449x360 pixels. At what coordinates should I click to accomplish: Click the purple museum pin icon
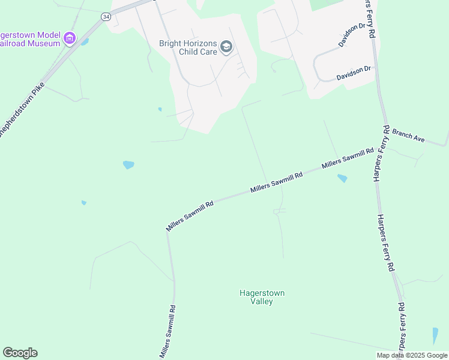(x=70, y=39)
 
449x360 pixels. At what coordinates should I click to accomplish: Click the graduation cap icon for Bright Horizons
(x=226, y=47)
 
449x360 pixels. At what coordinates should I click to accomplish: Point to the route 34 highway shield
(x=106, y=17)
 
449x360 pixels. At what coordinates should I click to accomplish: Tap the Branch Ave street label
(x=409, y=137)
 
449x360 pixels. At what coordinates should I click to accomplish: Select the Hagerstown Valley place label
(x=262, y=297)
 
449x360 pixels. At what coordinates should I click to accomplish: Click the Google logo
(x=20, y=353)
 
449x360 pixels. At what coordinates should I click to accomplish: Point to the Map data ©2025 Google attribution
(x=412, y=355)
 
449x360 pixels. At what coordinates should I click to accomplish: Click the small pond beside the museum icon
(x=85, y=42)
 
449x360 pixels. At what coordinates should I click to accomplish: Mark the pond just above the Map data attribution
(x=435, y=335)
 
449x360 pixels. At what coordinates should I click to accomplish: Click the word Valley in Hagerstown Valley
(x=262, y=301)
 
